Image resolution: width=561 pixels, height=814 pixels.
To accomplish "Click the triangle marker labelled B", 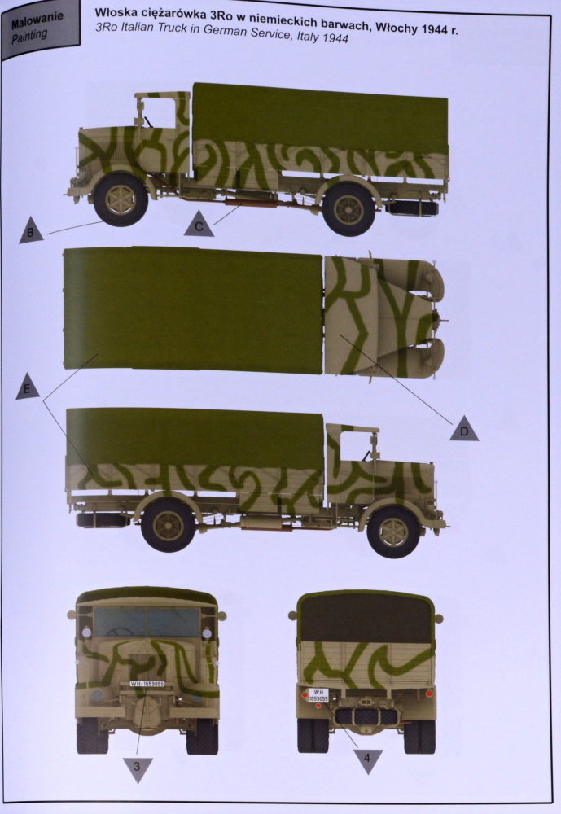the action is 31,231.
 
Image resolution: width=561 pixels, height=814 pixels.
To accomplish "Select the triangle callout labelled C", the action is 199,225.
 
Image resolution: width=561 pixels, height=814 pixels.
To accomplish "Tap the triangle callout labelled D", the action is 464,429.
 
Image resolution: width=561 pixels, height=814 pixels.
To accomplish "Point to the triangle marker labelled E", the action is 28,387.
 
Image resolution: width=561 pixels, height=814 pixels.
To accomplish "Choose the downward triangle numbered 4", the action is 367,760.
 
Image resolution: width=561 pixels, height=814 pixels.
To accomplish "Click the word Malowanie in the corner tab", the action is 37,20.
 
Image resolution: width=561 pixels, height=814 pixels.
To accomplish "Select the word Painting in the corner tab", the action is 29,36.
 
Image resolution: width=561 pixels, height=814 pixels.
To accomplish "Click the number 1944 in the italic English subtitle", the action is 335,37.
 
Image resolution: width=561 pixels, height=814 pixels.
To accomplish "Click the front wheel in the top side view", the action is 120,199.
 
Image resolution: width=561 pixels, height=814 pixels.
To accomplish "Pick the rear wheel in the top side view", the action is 348,208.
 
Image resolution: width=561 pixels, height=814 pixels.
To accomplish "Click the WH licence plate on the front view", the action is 147,684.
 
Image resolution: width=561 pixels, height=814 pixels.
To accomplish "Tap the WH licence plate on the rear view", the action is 318,695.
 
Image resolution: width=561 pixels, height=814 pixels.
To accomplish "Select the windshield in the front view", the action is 147,622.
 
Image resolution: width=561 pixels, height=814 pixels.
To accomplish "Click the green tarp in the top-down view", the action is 193,309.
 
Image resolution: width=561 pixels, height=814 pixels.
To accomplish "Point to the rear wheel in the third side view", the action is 169,525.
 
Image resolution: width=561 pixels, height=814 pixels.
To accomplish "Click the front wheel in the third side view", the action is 392,532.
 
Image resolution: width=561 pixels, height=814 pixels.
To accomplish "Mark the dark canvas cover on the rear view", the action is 366,618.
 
